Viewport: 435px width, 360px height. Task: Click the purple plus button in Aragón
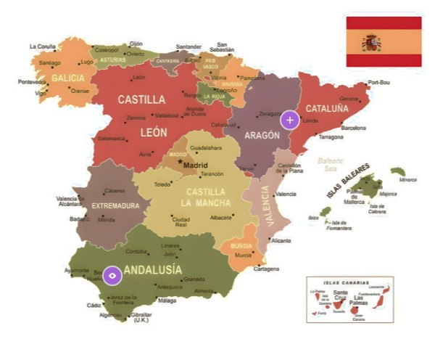289,120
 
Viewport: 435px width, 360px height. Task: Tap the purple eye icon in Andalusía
111,275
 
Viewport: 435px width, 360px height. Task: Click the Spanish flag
384,41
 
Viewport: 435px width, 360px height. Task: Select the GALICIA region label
67,78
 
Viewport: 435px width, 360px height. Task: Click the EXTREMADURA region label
115,205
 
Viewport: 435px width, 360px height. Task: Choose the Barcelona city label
353,128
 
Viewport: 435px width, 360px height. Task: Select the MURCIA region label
241,245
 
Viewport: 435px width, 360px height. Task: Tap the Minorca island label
408,179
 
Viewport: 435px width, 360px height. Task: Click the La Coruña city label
42,46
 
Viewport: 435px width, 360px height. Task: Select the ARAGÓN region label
262,135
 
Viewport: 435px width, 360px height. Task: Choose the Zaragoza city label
269,114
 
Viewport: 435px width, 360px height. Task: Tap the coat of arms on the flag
372,42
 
